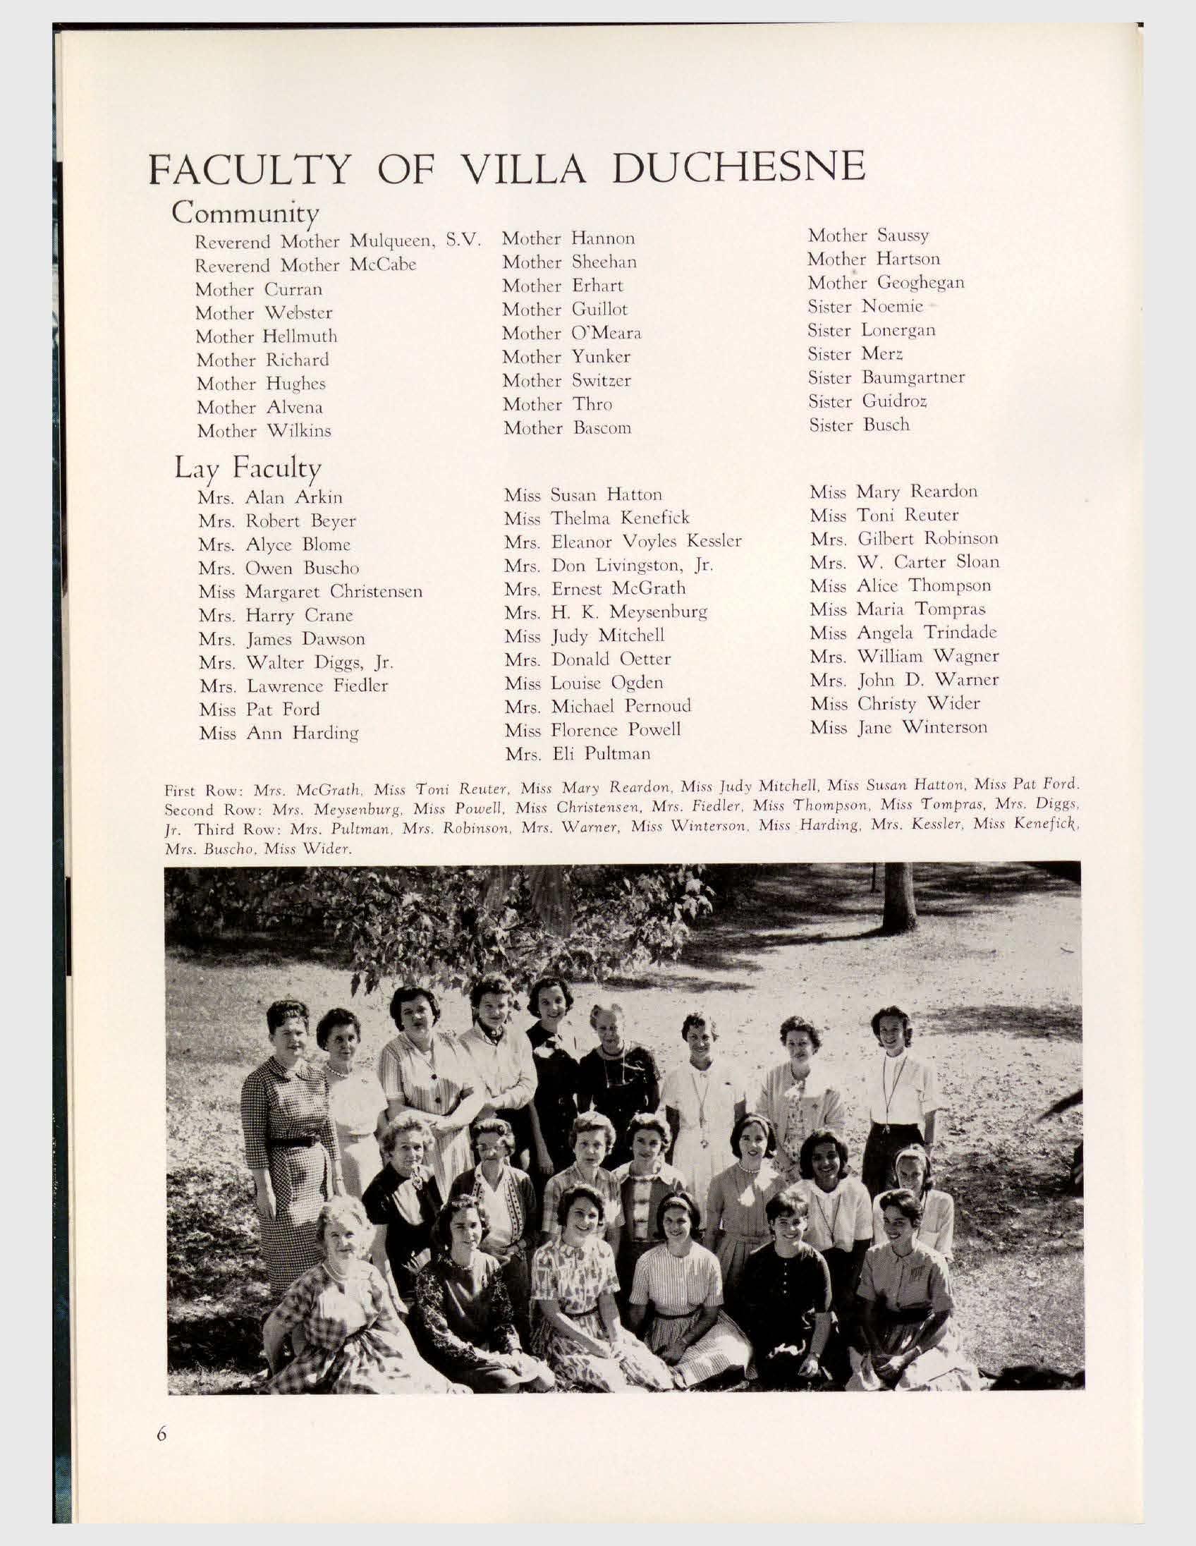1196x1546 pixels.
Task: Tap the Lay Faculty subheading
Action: (248, 468)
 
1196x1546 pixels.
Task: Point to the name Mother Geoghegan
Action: (885, 282)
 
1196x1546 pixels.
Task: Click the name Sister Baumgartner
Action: (886, 377)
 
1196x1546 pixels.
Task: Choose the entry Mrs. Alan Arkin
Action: (270, 497)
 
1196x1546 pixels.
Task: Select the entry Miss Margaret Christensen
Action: (311, 591)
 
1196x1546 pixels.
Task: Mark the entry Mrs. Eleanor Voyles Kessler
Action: (623, 542)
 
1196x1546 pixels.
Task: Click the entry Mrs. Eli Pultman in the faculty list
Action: (578, 753)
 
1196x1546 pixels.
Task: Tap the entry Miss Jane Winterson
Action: (898, 727)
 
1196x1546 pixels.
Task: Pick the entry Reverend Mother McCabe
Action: (305, 265)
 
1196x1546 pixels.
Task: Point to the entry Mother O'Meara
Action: (572, 333)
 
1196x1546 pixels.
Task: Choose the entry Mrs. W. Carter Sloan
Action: (905, 562)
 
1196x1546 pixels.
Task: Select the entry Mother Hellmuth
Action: (266, 336)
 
